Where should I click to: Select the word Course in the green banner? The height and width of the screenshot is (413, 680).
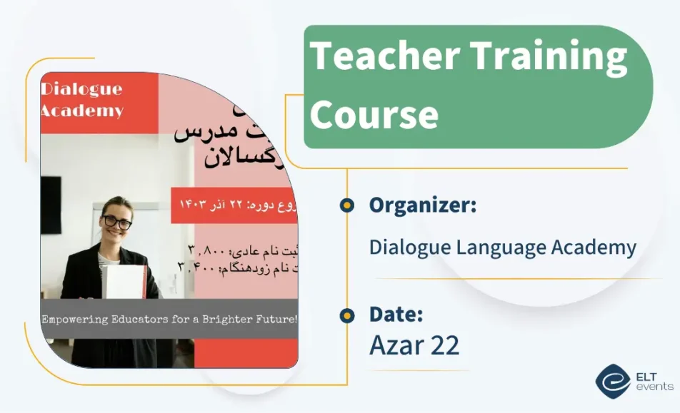374,114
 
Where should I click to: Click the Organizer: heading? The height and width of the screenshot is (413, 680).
423,205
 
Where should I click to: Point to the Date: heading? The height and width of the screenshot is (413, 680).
396,314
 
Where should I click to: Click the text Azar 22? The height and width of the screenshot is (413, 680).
414,345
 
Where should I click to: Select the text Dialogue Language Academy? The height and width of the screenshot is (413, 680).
502,248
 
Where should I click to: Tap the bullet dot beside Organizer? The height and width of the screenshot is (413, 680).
347,205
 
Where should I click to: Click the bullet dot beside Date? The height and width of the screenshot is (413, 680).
347,315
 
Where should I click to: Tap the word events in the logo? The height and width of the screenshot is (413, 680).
654,387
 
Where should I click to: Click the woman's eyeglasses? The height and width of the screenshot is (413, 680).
118,223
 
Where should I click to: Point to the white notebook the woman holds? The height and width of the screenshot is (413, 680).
125,282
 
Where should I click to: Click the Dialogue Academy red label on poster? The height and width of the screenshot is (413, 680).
81,101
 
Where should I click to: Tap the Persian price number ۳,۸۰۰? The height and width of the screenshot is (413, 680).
207,250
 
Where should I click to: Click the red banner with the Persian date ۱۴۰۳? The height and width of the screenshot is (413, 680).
234,205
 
